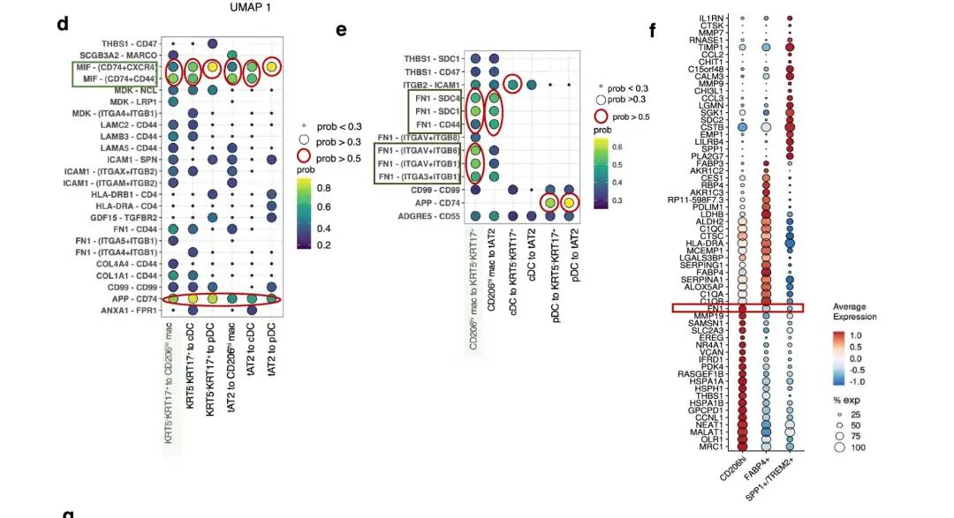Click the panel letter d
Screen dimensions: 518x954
(63, 24)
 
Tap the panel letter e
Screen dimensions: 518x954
(341, 29)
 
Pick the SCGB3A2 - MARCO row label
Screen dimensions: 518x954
(117, 55)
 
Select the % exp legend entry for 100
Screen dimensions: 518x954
(856, 447)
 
